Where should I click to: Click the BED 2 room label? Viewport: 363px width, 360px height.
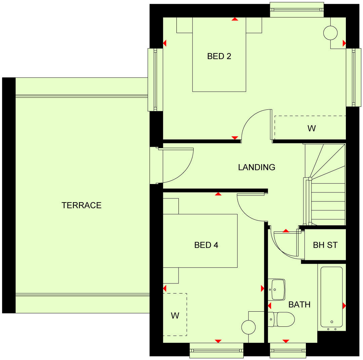pyautogui.click(x=219, y=56)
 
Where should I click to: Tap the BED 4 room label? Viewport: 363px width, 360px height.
pyautogui.click(x=206, y=245)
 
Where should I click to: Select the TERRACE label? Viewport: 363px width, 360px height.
pyautogui.click(x=81, y=205)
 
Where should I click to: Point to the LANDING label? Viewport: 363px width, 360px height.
pyautogui.click(x=256, y=167)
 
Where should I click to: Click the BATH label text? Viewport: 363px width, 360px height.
pyautogui.click(x=299, y=305)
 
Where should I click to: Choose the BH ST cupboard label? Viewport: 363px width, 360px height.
pyautogui.click(x=325, y=245)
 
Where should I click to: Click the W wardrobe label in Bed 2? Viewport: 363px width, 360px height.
pyautogui.click(x=312, y=128)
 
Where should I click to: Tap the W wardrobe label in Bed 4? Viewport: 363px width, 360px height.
pyautogui.click(x=175, y=316)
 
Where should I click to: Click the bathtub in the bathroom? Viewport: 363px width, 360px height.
pyautogui.click(x=331, y=297)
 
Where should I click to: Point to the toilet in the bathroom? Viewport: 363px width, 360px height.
pyautogui.click(x=283, y=319)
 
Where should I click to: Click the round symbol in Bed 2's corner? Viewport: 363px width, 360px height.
pyautogui.click(x=330, y=33)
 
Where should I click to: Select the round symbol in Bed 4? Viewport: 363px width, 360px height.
pyautogui.click(x=249, y=327)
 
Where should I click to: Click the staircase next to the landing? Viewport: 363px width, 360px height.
pyautogui.click(x=328, y=195)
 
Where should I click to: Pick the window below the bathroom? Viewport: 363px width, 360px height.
pyautogui.click(x=288, y=351)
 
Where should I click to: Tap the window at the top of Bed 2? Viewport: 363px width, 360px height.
pyautogui.click(x=297, y=10)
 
